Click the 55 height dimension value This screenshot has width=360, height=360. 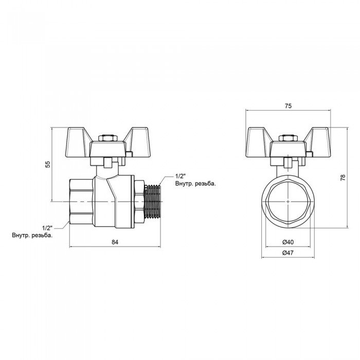[x=47, y=164]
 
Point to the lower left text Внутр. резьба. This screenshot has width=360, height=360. [x=33, y=235]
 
